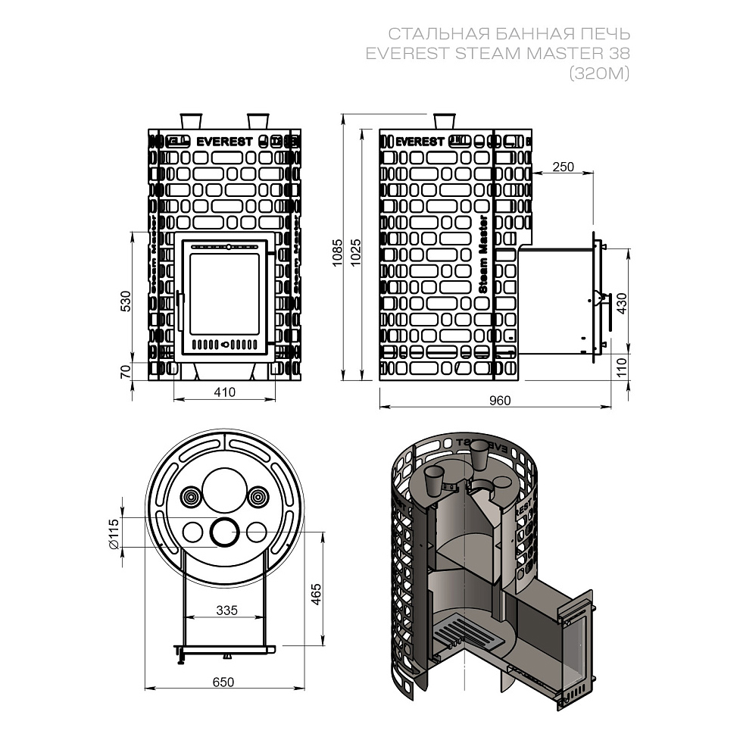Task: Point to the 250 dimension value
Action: coord(563,167)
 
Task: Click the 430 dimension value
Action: coord(623,304)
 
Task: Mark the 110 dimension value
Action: coord(623,367)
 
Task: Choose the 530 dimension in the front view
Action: coord(126,301)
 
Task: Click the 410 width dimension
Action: coord(224,392)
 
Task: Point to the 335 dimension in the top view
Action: coord(226,610)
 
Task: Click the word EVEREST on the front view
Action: coord(225,141)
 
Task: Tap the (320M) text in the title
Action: coord(599,73)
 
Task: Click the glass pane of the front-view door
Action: coord(223,295)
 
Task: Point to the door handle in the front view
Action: coord(180,310)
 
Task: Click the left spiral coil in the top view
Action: coord(191,498)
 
